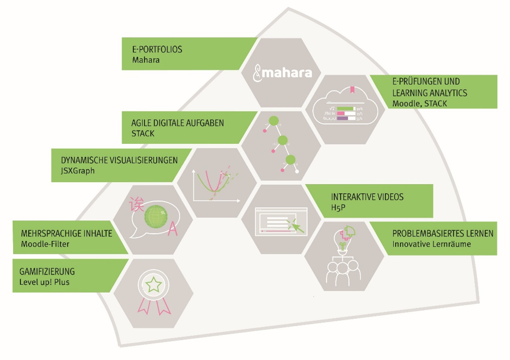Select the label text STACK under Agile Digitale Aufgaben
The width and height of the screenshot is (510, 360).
(x=143, y=133)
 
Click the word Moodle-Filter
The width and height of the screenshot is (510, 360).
(x=45, y=244)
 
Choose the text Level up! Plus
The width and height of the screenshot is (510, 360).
(x=44, y=282)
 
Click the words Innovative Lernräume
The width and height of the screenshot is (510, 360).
(x=431, y=244)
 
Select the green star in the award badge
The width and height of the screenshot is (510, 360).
(x=153, y=285)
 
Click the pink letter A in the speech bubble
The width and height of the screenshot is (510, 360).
(x=172, y=231)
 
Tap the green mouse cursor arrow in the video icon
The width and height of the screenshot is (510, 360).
(x=295, y=225)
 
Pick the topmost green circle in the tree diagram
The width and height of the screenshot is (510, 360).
(x=274, y=121)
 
